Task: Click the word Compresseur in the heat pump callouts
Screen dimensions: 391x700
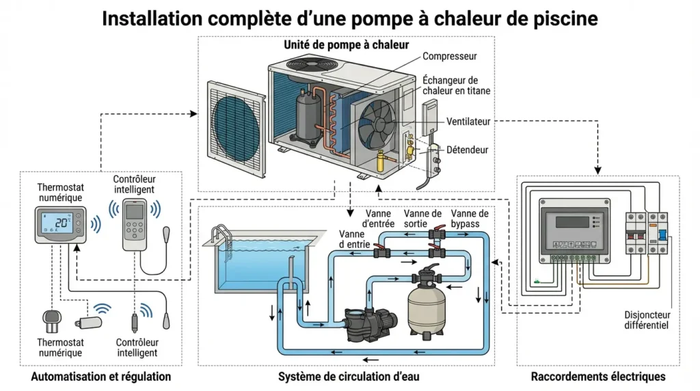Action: [449, 56]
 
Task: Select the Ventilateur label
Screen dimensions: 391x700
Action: [468, 121]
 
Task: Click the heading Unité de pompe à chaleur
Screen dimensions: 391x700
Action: [346, 45]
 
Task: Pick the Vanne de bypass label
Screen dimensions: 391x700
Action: [470, 219]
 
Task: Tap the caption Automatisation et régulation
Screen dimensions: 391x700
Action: [101, 377]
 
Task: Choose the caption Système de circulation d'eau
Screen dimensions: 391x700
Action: [349, 377]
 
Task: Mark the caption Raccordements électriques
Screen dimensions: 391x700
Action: [598, 377]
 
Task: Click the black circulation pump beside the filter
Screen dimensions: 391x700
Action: [369, 321]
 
